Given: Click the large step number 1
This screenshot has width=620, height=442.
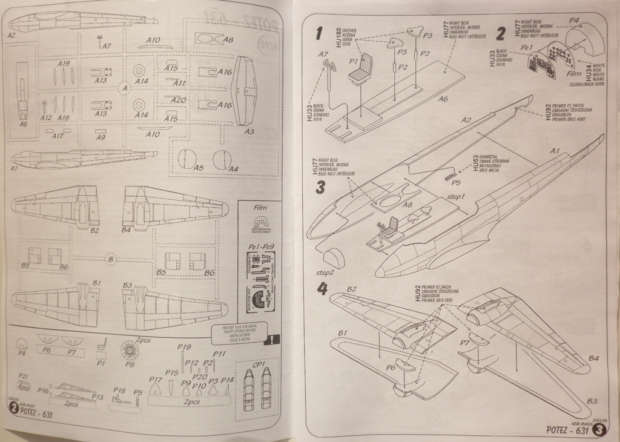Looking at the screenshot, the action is click(x=319, y=33).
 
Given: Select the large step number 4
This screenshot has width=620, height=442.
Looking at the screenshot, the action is click(x=322, y=289).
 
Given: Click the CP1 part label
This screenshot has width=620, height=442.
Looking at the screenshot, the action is click(x=257, y=364).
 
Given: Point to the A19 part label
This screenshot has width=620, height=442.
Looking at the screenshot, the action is click(x=64, y=64).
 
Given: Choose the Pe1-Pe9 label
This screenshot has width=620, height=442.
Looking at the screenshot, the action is click(x=259, y=247).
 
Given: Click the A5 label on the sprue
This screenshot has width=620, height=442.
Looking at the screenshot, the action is click(x=199, y=168).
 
